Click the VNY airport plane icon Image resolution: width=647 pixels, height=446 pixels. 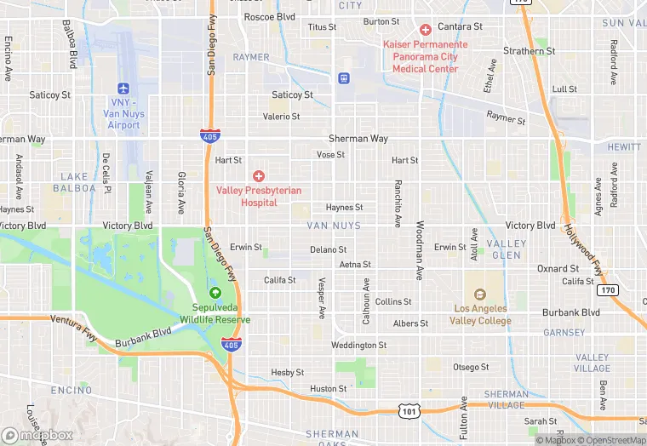(x=123, y=88)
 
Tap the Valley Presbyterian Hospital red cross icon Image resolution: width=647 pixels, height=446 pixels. (x=258, y=175)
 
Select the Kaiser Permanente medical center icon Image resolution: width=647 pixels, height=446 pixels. (x=425, y=29)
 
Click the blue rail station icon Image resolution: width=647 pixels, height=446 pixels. (x=344, y=78)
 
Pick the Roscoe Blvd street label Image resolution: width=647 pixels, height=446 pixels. (x=269, y=16)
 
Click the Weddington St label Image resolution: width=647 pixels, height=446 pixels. (x=358, y=345)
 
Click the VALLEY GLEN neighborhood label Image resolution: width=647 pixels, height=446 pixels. (x=507, y=249)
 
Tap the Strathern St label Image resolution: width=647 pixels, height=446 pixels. (x=529, y=51)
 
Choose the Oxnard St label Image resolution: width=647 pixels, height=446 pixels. (x=558, y=268)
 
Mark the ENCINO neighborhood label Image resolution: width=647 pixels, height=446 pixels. (x=72, y=390)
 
